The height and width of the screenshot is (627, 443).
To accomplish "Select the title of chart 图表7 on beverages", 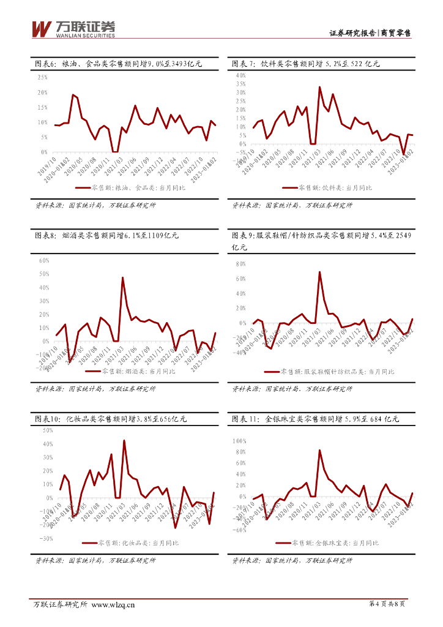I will [306, 63].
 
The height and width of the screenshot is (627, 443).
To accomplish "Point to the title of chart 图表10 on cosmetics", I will [111, 419].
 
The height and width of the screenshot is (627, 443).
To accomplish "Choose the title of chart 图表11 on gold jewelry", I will [315, 419].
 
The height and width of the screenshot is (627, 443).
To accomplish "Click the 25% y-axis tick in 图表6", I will [42, 78].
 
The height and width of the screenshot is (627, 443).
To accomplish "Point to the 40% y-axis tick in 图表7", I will [240, 75].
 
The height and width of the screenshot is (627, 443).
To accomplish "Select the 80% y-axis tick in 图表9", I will [240, 264].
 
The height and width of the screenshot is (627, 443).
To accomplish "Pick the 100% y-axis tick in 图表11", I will [238, 440].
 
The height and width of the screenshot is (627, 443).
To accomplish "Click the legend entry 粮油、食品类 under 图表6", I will [131, 187].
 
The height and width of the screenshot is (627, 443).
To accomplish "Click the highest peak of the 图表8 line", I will [122, 277].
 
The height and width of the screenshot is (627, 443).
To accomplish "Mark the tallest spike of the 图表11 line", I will [319, 450].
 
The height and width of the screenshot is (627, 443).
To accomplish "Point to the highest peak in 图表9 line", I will [319, 272].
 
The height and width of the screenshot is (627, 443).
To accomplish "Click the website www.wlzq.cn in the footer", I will [113, 605].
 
